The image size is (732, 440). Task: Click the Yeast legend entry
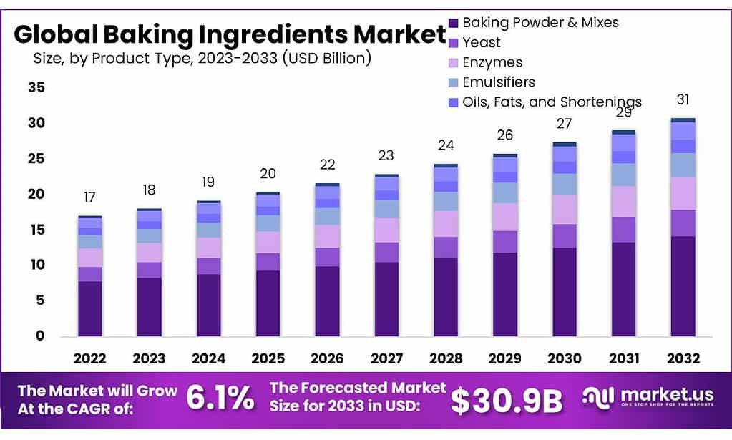point(482,42)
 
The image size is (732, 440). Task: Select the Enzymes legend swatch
point(452,62)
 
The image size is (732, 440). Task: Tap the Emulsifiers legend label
point(499,82)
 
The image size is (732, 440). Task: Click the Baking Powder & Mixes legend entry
point(540,22)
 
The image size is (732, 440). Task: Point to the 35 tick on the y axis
point(36,88)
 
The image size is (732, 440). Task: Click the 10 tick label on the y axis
point(36,265)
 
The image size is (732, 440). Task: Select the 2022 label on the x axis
point(90,358)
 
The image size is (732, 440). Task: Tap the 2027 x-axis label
point(386,358)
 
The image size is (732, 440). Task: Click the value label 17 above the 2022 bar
point(90,197)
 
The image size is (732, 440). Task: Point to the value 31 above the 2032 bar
point(683,99)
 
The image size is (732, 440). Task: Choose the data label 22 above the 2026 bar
point(327,165)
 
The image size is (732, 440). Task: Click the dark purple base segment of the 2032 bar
point(683,286)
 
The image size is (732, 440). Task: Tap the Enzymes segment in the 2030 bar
point(564,210)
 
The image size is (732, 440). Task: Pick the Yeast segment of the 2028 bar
point(446,247)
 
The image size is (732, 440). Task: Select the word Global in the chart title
point(54,34)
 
